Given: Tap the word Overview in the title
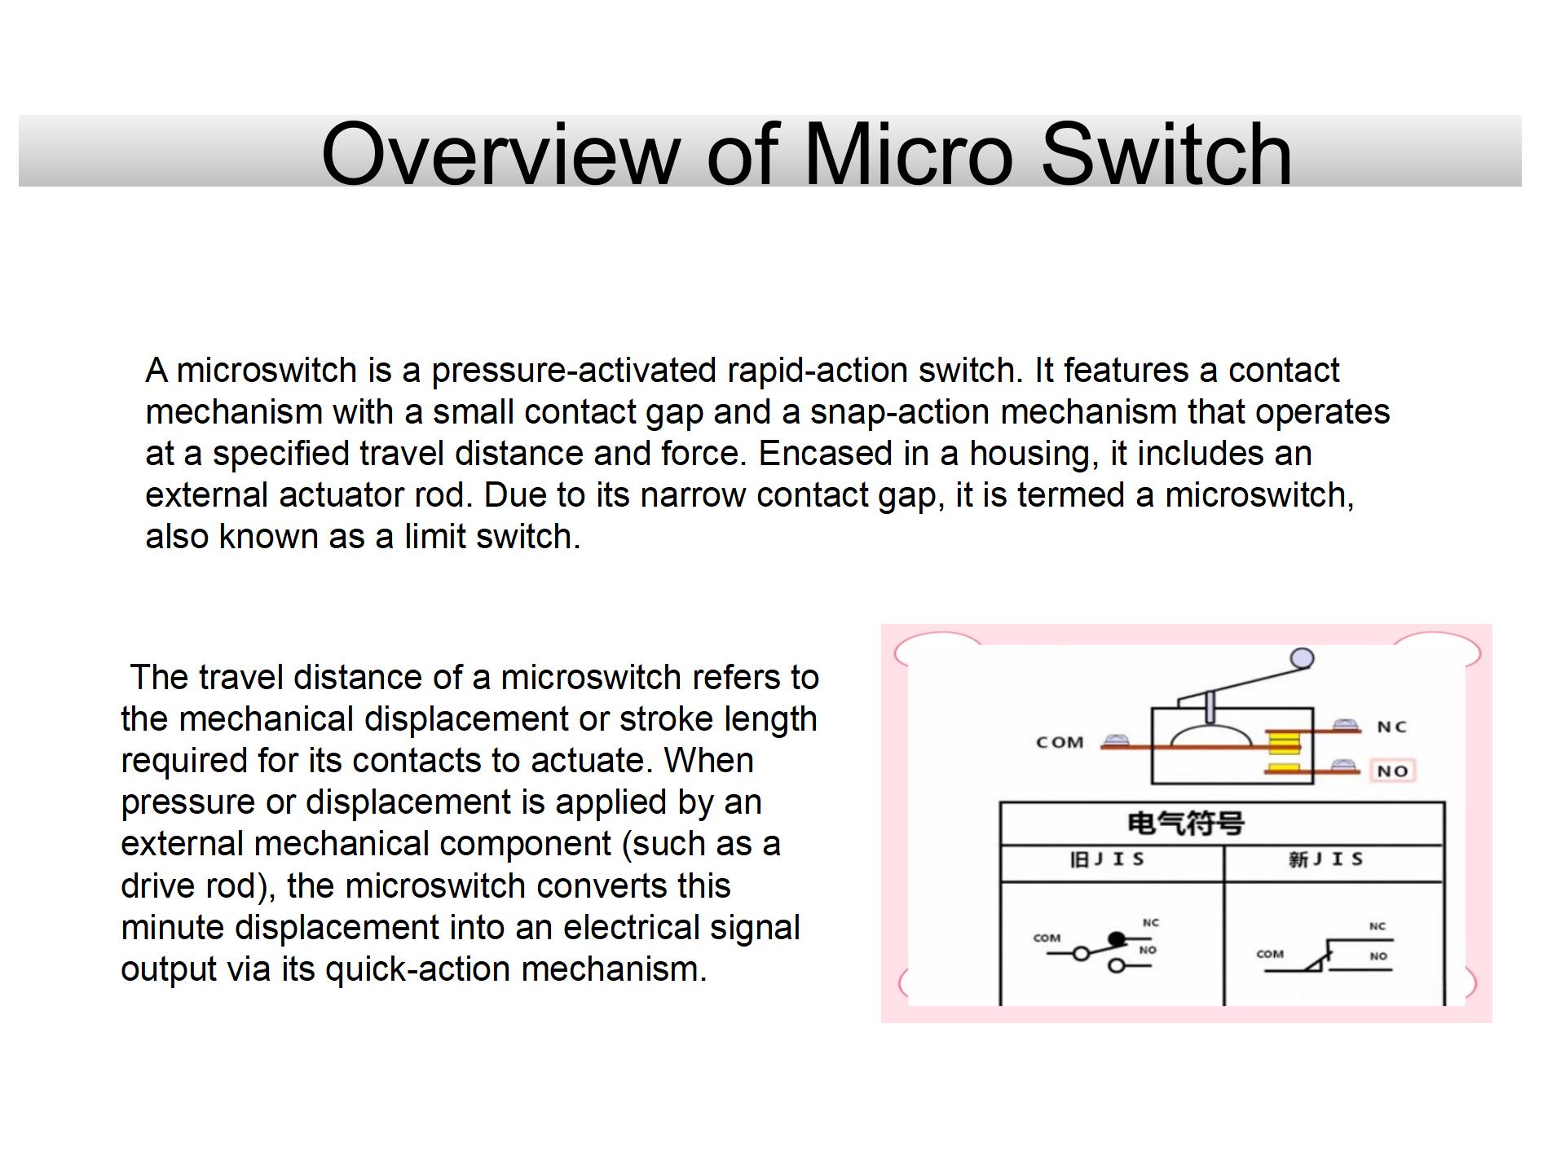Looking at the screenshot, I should tap(500, 154).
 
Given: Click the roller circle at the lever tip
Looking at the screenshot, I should tap(1303, 658).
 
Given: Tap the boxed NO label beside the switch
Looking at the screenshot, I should tap(1392, 771).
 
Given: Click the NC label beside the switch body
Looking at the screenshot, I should tap(1391, 727).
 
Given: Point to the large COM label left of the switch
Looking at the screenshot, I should tap(1060, 742).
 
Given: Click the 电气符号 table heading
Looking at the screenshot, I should tap(1185, 824).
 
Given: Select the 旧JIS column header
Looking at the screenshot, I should tap(1107, 860).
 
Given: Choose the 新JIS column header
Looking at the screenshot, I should tap(1326, 860).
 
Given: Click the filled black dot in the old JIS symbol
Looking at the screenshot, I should tap(1117, 940).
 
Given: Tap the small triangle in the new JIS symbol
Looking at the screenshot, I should tap(1314, 964).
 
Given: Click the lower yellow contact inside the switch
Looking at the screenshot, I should tap(1284, 769).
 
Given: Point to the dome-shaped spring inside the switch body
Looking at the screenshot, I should tap(1210, 735).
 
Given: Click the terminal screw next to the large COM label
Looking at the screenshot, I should tap(1115, 740).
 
